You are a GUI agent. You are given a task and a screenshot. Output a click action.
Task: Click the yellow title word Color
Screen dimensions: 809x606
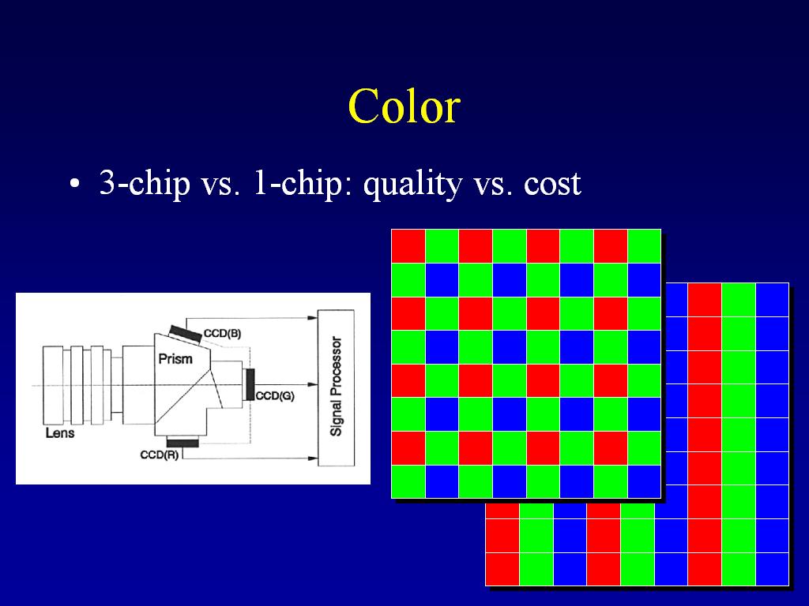tap(404, 107)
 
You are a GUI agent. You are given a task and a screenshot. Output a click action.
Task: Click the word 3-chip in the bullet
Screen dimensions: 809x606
tap(145, 184)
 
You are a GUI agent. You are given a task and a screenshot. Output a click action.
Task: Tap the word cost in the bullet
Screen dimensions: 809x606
tap(552, 184)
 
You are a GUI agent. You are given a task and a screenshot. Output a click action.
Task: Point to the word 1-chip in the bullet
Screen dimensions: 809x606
tap(298, 184)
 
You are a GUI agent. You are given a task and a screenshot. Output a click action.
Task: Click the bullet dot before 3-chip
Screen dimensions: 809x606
tap(75, 184)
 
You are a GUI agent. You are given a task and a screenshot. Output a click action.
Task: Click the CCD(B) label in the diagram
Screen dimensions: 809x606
tap(222, 334)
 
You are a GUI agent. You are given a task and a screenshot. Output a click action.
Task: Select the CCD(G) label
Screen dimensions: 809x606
tap(275, 396)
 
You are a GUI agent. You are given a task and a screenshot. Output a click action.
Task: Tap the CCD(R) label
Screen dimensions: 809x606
tap(160, 455)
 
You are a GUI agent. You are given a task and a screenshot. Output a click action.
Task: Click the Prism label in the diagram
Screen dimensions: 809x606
tap(175, 359)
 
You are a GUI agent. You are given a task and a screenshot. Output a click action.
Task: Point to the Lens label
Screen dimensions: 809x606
tap(60, 433)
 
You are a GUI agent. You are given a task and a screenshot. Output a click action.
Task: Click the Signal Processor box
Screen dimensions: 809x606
tap(336, 387)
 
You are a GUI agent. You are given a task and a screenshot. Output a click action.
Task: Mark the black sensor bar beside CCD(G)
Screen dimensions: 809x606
tap(250, 384)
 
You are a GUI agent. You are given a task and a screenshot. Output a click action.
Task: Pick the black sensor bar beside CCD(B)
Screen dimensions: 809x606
tap(186, 334)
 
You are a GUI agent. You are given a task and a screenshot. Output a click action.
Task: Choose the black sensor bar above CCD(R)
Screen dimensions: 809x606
tap(182, 443)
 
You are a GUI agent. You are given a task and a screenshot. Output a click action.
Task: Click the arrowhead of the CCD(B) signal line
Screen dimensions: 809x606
tap(313, 318)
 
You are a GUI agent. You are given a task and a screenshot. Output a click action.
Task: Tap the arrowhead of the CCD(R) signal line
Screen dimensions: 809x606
tap(313, 458)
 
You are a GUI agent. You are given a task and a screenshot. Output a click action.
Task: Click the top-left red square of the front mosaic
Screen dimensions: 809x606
tap(408, 246)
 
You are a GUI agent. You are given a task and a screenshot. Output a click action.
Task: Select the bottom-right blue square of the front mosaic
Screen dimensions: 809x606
tap(645, 482)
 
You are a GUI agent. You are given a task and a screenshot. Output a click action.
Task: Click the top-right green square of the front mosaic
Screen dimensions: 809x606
tap(645, 246)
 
